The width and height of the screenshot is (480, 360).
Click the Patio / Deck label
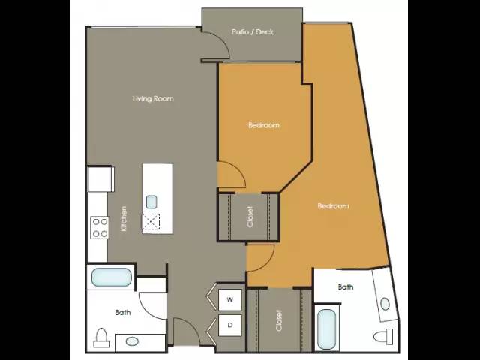point(252,31)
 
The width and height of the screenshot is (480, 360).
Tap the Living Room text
point(153,98)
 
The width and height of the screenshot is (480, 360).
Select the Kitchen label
point(123,218)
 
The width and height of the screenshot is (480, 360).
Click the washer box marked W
point(230,299)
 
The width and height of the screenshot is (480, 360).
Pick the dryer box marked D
point(230,325)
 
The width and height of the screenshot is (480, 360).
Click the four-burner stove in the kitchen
point(100,227)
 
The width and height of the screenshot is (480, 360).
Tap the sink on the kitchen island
point(151,202)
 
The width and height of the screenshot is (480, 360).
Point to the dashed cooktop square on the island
point(151,222)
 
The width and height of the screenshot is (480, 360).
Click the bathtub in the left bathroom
point(112,277)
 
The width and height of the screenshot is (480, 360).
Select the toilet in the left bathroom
point(101,337)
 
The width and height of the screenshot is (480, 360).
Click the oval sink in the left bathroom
point(132,341)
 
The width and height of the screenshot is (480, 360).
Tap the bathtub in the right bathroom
point(327,328)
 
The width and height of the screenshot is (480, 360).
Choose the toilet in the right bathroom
point(383,337)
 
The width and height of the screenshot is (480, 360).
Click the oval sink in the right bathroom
point(385,304)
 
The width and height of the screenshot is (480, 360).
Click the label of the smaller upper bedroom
point(264,125)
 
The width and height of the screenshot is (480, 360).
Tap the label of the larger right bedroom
point(333,206)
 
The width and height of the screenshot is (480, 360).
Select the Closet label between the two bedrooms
point(250,217)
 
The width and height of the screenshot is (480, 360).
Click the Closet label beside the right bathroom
point(278,320)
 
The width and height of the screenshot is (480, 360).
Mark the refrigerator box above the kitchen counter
point(100,178)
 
